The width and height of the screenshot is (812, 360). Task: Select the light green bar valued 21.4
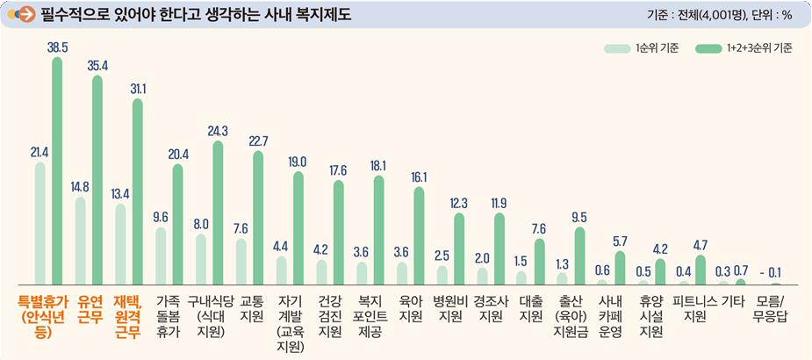click(40, 223)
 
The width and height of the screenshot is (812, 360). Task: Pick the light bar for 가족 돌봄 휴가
click(161, 256)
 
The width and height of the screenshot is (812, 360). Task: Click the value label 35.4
click(97, 65)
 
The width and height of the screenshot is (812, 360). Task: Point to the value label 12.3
click(458, 203)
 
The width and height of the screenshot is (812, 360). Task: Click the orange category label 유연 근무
click(90, 308)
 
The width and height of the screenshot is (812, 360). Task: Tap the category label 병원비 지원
click(449, 308)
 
